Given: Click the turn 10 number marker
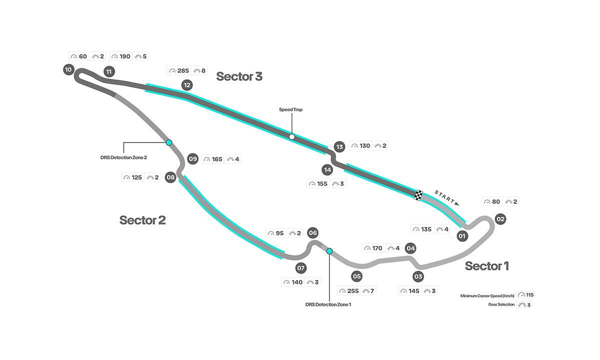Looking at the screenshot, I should (68, 69).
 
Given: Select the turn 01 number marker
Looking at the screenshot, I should (462, 236).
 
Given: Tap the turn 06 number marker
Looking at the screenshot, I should (313, 232).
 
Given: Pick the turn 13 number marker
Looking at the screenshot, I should (340, 146).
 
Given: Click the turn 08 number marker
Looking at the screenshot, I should (170, 177).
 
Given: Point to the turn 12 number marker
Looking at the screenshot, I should (187, 85).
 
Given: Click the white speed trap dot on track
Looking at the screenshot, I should (291, 136).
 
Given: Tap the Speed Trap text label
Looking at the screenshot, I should (291, 109).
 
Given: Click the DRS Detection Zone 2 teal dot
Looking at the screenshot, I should (169, 142).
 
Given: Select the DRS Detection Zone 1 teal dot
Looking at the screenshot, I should (329, 251).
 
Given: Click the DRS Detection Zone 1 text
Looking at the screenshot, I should (328, 304).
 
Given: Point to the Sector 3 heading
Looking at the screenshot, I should (239, 76).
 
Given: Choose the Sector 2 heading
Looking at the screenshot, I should (142, 220).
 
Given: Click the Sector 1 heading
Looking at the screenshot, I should (486, 266).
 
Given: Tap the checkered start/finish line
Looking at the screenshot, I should (418, 194).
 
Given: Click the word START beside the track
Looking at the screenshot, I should (444, 197).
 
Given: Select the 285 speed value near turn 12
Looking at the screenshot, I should (182, 70).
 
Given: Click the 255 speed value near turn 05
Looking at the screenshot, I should (352, 291).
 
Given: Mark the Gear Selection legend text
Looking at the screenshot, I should (501, 304).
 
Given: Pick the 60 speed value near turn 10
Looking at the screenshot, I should (83, 56).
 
